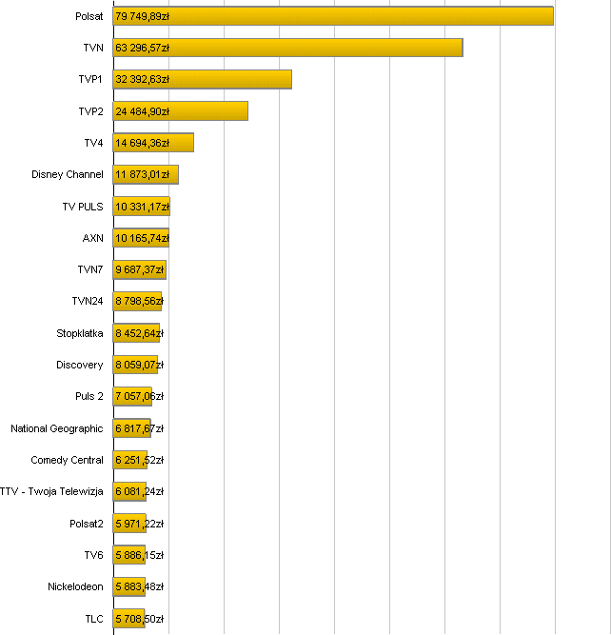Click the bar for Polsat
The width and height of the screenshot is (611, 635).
[333, 16]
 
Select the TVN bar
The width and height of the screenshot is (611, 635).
[287, 48]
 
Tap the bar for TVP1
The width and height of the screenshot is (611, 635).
[202, 79]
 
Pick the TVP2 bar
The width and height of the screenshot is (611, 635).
[180, 111]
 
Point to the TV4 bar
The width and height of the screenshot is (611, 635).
[153, 143]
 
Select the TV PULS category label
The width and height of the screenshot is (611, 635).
[82, 207]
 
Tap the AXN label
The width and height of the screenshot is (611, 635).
[92, 238]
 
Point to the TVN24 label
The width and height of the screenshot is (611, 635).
[88, 302]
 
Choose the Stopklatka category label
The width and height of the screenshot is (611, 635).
[80, 333]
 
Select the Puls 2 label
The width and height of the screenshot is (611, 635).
[89, 396]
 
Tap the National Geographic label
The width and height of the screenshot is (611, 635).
[57, 428]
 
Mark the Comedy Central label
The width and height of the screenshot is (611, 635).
[67, 460]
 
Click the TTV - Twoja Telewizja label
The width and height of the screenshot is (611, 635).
[51, 491]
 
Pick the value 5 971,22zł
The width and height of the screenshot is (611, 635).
[139, 524]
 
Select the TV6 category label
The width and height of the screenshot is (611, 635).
[93, 555]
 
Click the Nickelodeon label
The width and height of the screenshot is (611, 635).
[75, 586]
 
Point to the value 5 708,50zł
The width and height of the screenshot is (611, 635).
[139, 619]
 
